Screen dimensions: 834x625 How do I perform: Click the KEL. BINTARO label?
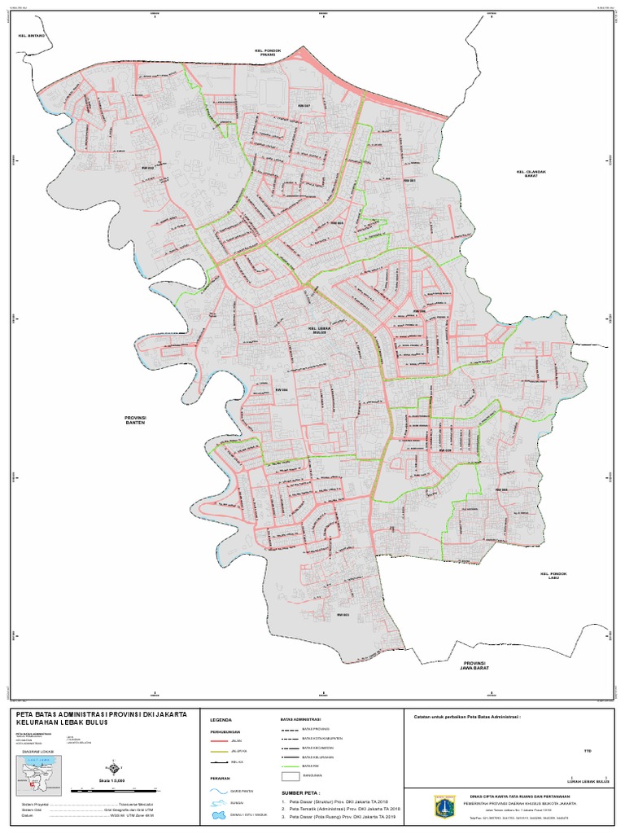pos(30,36)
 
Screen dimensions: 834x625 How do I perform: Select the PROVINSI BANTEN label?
pos(135,420)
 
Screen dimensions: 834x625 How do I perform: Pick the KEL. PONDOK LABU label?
pos(553,576)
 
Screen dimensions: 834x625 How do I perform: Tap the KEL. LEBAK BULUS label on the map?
pos(318,330)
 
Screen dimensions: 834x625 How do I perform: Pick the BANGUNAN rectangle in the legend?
pos(291,777)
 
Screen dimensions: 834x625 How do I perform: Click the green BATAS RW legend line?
pos(291,767)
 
